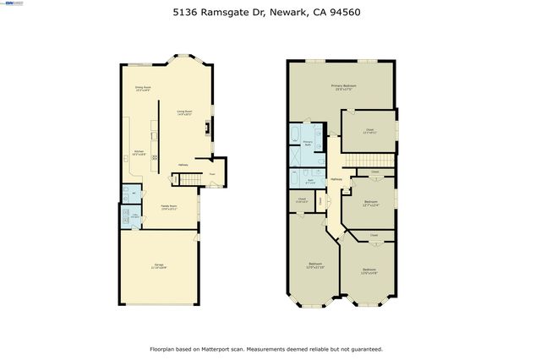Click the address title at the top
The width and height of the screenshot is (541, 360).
tap(270, 13)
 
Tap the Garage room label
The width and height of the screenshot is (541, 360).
tap(159, 267)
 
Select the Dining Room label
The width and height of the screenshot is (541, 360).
tap(143, 89)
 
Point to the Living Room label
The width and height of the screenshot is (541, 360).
tap(184, 113)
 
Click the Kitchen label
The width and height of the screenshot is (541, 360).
tap(139, 154)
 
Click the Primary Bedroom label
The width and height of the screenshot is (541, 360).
tap(342, 88)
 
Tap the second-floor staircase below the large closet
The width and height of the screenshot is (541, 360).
tap(372, 161)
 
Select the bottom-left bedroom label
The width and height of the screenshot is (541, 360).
tap(315, 265)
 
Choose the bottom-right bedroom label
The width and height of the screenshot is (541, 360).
tap(369, 271)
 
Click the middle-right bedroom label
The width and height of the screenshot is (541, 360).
tap(371, 203)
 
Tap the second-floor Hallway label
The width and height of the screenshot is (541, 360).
tap(336, 180)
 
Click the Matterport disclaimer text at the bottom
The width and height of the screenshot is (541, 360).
tap(266, 348)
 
